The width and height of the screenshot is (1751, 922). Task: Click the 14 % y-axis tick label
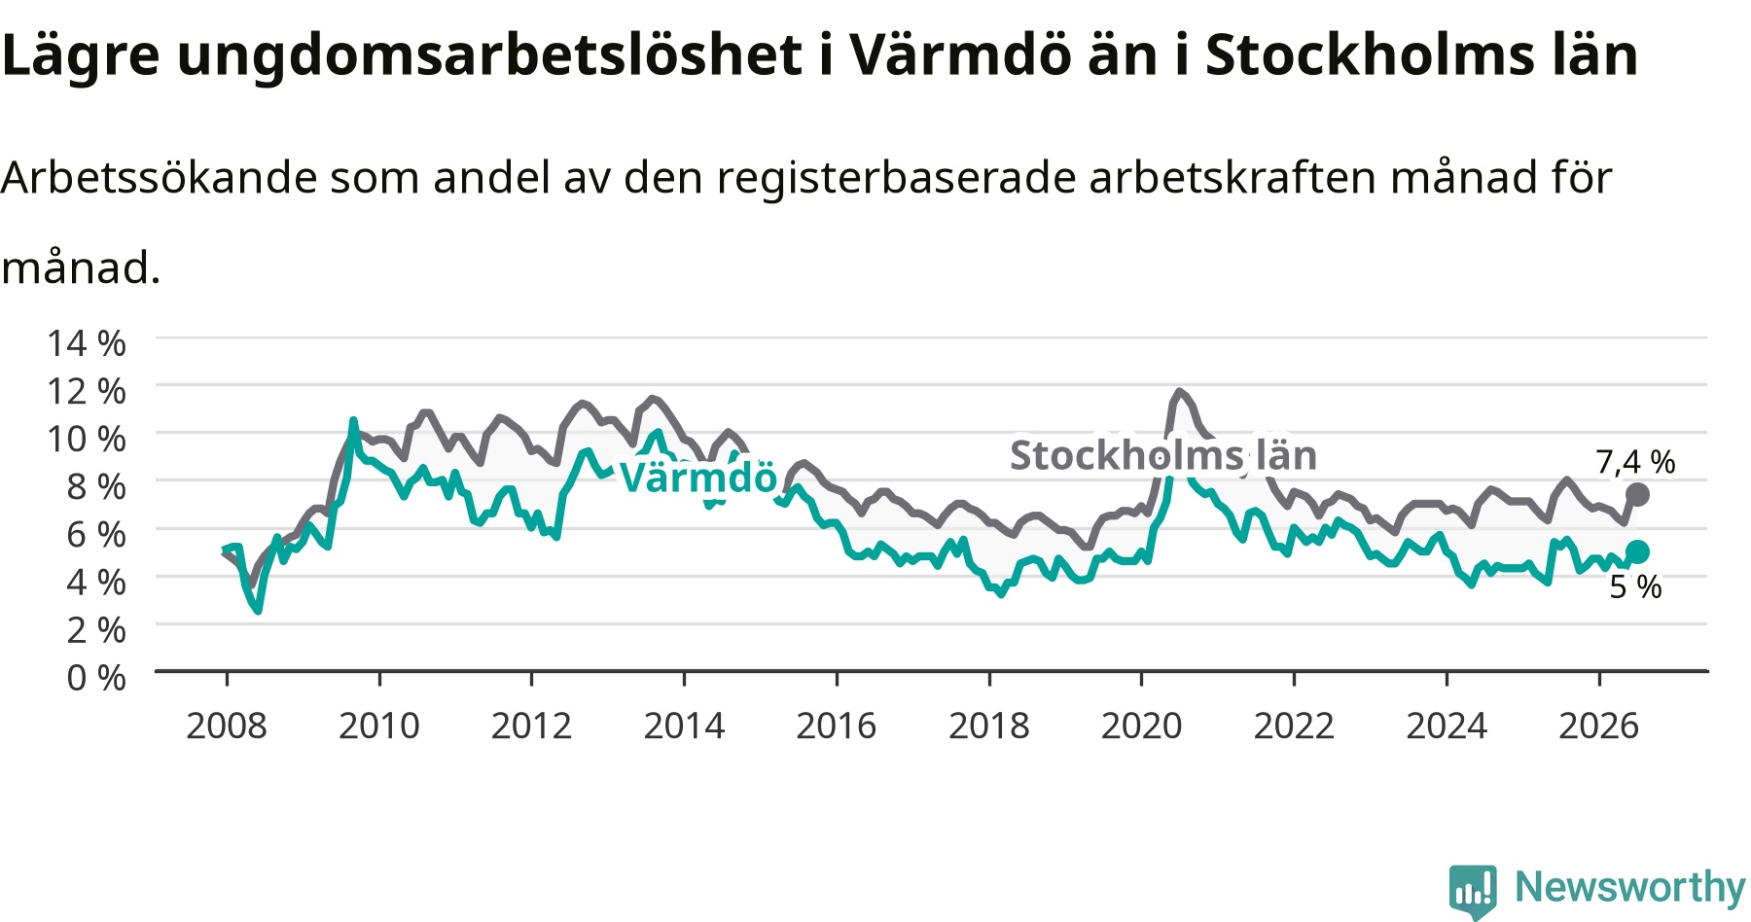click(x=87, y=343)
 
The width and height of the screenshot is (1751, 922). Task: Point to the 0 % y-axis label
click(x=96, y=677)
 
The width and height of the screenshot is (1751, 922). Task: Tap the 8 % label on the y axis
click(x=96, y=486)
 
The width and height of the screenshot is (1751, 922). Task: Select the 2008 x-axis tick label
click(x=227, y=726)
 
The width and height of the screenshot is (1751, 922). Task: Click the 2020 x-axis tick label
click(x=1142, y=726)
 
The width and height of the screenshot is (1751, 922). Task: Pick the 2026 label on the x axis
click(x=1599, y=726)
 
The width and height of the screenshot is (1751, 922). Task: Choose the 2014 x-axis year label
click(x=685, y=726)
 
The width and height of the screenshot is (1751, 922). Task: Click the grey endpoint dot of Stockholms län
click(x=1637, y=494)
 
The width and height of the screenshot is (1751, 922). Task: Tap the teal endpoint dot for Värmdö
click(x=1637, y=551)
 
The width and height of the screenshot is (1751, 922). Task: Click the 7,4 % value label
click(x=1635, y=462)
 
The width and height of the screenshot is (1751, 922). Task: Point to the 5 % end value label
click(x=1635, y=586)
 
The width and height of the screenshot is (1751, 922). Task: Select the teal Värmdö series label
click(x=698, y=477)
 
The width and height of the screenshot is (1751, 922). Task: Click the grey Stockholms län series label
click(x=1163, y=455)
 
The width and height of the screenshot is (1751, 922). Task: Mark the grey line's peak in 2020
click(x=1179, y=392)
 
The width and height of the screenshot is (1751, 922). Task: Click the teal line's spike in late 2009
click(x=353, y=420)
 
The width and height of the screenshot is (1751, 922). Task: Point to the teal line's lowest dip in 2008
click(x=258, y=610)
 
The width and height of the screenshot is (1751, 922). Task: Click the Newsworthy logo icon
click(x=1473, y=891)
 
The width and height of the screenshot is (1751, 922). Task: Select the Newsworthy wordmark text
click(x=1630, y=887)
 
